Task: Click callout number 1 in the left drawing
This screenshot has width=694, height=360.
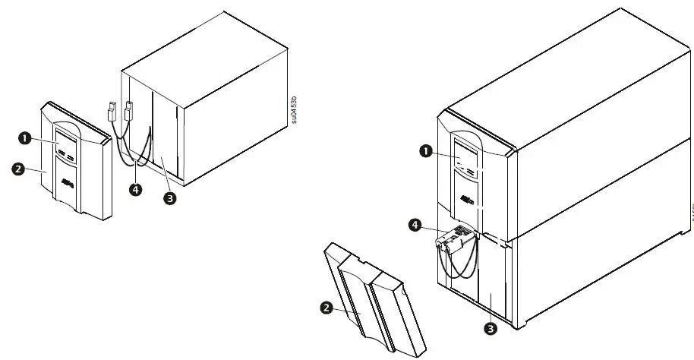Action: coord(24,138)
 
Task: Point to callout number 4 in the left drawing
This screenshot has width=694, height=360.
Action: coord(135,190)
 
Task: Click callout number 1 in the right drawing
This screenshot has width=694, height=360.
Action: coord(427,151)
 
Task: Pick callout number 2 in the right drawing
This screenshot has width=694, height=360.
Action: coord(326,308)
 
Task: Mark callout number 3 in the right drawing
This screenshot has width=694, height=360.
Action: coord(491,329)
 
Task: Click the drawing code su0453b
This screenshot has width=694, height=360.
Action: coord(294,111)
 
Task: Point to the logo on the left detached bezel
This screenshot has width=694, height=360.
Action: coord(68,182)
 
